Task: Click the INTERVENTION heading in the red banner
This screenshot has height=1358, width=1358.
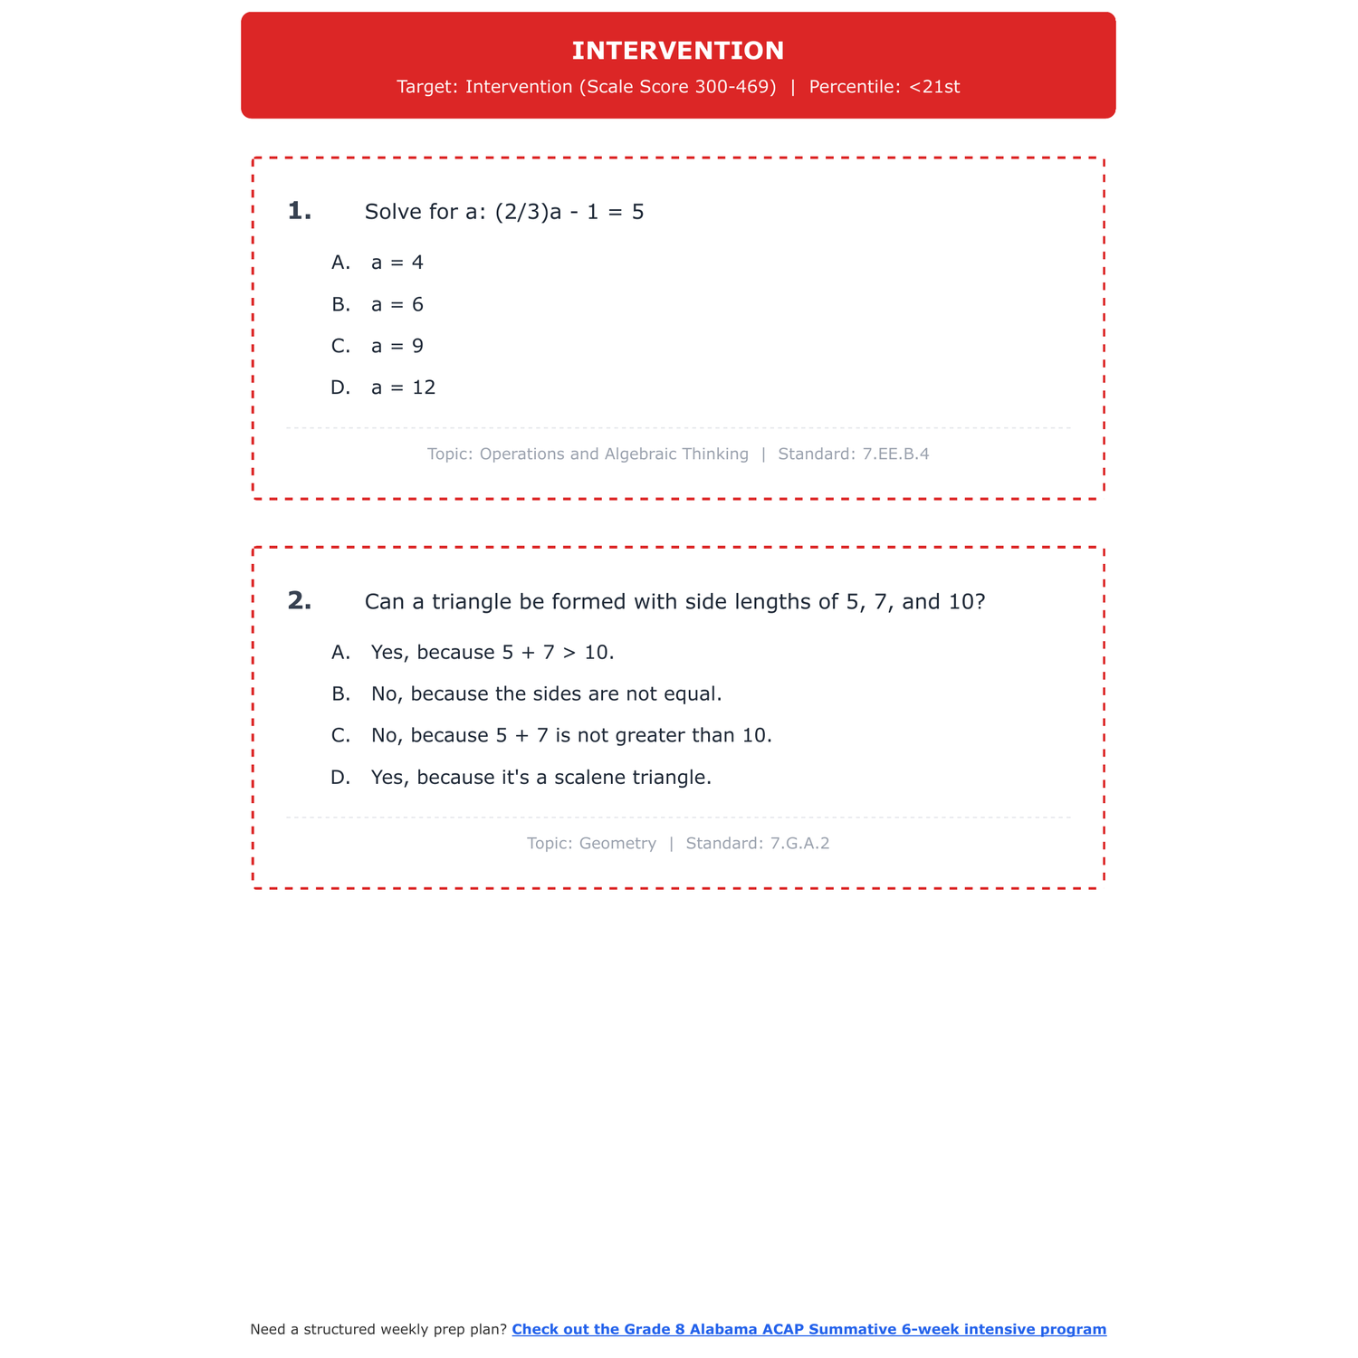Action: [x=678, y=51]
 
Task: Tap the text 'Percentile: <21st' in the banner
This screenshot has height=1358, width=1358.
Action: [x=884, y=87]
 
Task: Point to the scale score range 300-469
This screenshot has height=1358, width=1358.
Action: [x=735, y=87]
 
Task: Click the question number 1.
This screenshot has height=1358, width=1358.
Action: [x=299, y=212]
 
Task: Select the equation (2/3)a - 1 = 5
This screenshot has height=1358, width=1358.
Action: [x=569, y=212]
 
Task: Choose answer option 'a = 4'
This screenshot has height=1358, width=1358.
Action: [x=397, y=263]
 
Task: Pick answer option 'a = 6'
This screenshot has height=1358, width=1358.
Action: [x=397, y=304]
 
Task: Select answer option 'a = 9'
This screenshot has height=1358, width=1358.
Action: [x=397, y=346]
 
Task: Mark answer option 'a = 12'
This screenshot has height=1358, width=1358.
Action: [x=403, y=387]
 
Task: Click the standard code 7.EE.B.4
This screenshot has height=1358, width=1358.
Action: [x=896, y=454]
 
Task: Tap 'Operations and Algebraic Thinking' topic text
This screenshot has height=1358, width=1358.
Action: [x=614, y=454]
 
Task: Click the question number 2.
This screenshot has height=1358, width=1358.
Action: [x=299, y=601]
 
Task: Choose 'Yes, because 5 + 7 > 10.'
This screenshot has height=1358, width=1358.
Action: [x=493, y=652]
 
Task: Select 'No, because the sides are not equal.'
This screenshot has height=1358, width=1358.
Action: [x=546, y=693]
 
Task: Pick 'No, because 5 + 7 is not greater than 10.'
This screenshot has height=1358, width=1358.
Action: [x=571, y=735]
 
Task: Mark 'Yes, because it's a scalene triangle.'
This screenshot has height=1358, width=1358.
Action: [x=540, y=777]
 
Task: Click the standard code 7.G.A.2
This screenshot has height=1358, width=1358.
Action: [x=799, y=843]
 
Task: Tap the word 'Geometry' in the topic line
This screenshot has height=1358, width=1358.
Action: [x=617, y=843]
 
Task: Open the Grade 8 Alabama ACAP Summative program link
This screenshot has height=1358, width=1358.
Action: [x=808, y=1329]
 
